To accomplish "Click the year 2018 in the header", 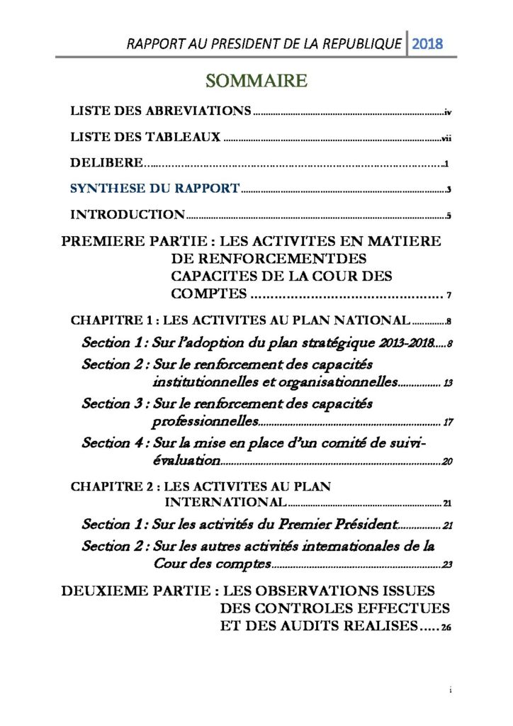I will (x=427, y=44).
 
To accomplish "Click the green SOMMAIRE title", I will (x=256, y=82).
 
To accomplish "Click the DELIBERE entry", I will (x=106, y=163).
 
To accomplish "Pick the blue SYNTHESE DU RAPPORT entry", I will (x=154, y=189).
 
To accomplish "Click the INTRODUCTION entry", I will (x=128, y=214).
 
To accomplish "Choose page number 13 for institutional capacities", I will (x=448, y=384).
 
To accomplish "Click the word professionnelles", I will (x=204, y=423).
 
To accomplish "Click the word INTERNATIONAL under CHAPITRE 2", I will (x=225, y=503).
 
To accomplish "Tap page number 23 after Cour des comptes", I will (x=447, y=566).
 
